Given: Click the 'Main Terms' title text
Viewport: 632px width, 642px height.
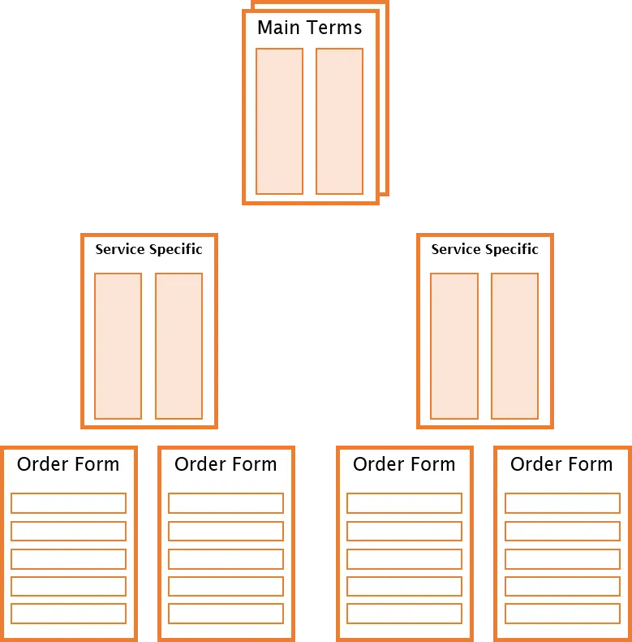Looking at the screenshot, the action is pos(309,28).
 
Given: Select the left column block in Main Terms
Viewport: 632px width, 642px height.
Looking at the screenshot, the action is pos(280,121).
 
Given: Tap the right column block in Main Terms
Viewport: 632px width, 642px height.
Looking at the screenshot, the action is pos(339,121).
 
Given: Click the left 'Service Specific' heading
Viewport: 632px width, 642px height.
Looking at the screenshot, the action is pos(149,249).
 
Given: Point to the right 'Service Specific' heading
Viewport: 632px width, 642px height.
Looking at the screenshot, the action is pos(485,249).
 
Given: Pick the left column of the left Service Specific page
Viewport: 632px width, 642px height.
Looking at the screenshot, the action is pos(118,346).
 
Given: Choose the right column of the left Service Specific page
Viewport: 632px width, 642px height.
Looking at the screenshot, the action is pos(178,346).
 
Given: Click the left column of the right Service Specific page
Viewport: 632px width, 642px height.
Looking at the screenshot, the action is pos(454,346).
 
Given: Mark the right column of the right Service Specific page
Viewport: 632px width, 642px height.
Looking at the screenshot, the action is pos(514,346).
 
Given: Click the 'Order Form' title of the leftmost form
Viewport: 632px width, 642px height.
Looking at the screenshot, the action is pos(68,464).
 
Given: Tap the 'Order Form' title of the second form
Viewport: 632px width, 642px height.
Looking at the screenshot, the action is pos(226,464).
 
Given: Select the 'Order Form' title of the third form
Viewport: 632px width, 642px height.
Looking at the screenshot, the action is pos(404,464).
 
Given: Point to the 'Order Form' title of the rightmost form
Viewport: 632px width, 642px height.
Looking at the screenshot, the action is pos(561,464).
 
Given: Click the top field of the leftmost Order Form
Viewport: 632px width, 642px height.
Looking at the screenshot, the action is pos(68,503).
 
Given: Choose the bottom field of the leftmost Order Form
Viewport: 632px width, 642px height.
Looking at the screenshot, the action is pos(68,614).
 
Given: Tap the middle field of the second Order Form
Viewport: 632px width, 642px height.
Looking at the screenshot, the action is pos(226,559).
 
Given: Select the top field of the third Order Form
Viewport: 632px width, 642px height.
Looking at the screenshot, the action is pos(404,503).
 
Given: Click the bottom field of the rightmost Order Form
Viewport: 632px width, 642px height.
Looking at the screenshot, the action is pos(562,614).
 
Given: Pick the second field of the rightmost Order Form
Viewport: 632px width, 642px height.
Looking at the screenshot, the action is pos(562,531).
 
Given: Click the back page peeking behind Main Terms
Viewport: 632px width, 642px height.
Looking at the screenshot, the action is pos(385,98).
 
